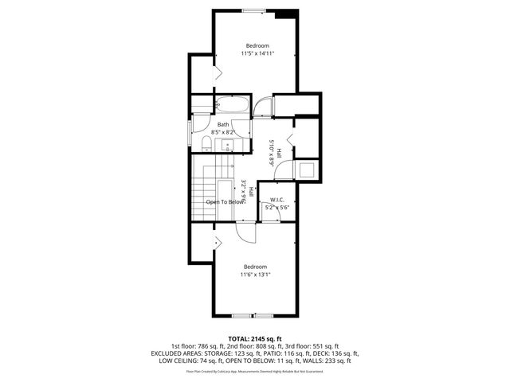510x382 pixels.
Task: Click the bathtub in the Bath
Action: tap(233, 106)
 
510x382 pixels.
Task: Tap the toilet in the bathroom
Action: tap(206, 142)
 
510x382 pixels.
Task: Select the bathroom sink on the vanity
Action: tap(226, 144)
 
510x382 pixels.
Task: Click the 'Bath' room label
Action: tap(223, 124)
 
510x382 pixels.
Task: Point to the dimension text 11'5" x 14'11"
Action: tap(257, 53)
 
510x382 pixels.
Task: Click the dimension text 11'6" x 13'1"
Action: tap(255, 275)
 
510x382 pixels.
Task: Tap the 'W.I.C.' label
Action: tap(277, 200)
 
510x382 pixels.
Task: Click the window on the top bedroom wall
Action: tap(254, 10)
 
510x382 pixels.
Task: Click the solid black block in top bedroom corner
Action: tap(285, 14)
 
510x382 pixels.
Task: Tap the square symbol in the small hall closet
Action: tap(307, 170)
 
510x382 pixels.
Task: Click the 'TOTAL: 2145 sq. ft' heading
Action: tap(255, 338)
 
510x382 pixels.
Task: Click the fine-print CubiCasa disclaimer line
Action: tap(255, 371)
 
